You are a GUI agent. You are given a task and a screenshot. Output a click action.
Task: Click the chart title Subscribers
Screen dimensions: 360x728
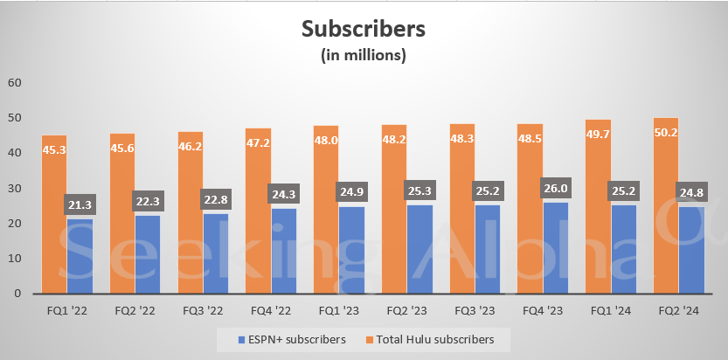(x=364, y=29)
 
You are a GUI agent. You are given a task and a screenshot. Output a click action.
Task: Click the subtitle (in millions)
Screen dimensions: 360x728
(x=364, y=56)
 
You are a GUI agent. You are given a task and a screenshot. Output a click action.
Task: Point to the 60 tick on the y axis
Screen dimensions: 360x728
(x=15, y=83)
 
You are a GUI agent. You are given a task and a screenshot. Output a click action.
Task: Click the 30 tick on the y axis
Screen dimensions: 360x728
(x=15, y=189)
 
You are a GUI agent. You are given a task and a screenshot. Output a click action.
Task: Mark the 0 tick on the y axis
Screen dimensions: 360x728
(x=18, y=294)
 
